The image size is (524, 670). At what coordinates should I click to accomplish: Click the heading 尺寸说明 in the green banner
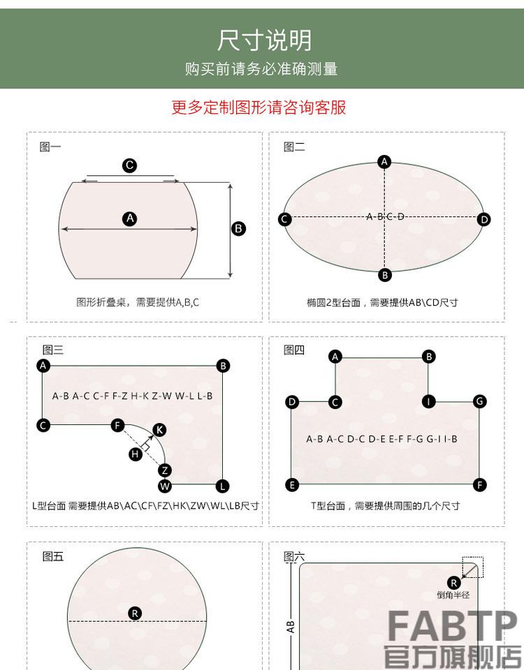coord(263,40)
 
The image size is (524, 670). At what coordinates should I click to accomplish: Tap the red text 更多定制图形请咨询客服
coord(259,107)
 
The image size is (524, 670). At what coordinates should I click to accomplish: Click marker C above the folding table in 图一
coord(130,165)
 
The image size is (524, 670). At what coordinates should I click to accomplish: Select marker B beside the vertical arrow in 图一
coord(238,228)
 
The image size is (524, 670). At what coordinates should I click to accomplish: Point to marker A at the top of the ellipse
coord(384,162)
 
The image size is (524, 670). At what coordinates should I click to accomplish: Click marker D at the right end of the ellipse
coord(484,219)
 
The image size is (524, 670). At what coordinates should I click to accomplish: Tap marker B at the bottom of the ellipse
coord(385,275)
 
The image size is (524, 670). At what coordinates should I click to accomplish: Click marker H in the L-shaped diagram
coord(136,454)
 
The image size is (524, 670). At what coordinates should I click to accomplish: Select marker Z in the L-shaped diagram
coord(164,470)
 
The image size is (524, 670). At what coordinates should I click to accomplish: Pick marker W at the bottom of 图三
coord(165,486)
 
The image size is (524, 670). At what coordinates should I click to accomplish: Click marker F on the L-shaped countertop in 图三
coord(117,425)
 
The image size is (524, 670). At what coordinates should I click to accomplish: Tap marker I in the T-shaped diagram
coord(429,401)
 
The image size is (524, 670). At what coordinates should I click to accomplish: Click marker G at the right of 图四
coord(480,401)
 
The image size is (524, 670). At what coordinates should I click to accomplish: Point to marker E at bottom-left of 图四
coord(293,485)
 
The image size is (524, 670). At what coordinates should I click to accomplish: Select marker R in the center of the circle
coord(136,613)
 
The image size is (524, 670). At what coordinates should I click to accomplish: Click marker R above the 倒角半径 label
coord(453,583)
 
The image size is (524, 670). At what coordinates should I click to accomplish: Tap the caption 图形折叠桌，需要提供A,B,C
coord(138,302)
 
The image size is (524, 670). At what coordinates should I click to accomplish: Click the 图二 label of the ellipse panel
coord(294,147)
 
